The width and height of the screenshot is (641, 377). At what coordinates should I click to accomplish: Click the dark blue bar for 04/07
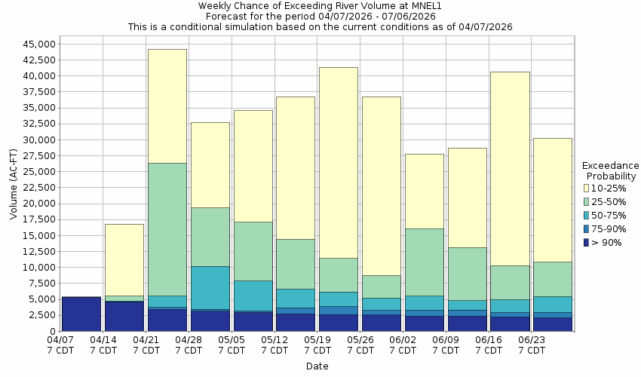[x=81, y=314]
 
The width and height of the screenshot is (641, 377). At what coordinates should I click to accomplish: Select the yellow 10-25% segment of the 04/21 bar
[x=167, y=106]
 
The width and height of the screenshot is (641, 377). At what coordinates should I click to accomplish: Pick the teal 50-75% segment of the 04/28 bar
[x=210, y=287]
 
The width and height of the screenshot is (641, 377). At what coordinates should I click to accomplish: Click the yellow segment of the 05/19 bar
[x=338, y=162]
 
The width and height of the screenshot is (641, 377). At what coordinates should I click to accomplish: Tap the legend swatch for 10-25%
[x=587, y=188]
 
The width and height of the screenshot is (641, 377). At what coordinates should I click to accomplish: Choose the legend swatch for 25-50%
[x=587, y=201]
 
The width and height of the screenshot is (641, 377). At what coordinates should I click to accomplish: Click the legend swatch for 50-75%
[x=587, y=215]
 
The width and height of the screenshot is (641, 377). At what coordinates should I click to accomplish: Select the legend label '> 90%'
[x=606, y=242]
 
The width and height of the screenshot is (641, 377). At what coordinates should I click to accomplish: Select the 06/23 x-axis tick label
[x=532, y=340]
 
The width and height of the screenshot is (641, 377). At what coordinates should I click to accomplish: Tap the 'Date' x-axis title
[x=317, y=366]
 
